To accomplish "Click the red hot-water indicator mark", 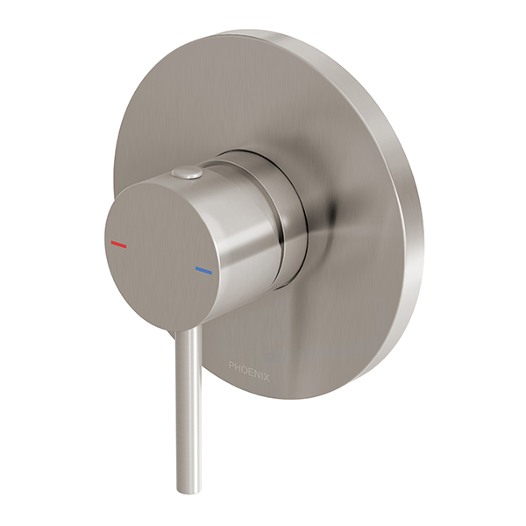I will [118, 245].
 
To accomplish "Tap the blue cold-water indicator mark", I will [203, 271].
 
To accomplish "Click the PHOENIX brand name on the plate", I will [249, 366].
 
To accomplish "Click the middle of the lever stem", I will [188, 403].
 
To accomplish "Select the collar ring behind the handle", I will [289, 210].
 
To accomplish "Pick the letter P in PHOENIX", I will [231, 366].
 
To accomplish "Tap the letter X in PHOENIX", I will [267, 366].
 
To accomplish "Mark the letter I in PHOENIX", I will [261, 366].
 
